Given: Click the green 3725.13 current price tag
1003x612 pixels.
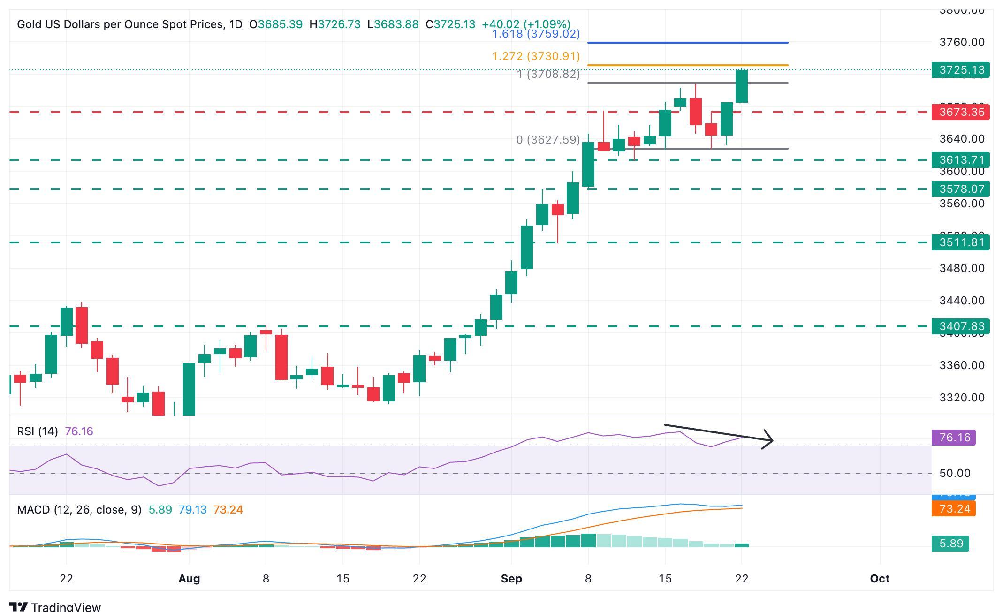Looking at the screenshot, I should coord(960,70).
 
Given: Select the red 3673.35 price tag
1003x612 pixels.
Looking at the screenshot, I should coord(960,112).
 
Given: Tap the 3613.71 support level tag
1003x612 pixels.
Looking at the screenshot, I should coord(960,160).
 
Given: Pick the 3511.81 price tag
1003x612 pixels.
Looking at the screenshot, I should coord(960,242).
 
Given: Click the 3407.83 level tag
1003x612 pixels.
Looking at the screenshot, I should coord(960,326).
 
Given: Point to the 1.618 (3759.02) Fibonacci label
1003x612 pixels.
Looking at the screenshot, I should coord(536,34).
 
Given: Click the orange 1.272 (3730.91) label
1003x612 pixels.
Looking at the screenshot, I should coord(536,56).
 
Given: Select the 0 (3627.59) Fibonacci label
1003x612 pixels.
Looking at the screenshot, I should coord(548,140).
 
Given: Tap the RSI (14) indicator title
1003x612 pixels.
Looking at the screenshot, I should coord(38,431).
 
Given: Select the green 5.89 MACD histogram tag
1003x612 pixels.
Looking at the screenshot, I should coord(950,544).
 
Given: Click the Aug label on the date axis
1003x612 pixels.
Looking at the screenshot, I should coord(189,579).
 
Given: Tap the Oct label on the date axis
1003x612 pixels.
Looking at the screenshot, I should coord(879,579).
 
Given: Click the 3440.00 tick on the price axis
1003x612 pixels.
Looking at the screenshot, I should coord(962,301).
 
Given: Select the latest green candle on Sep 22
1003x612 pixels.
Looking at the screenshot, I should coord(742,86).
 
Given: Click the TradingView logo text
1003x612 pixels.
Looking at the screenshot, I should coord(66,607).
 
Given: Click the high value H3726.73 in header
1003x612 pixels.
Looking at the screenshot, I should coord(335,24).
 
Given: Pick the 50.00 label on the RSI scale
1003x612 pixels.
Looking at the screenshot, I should coord(955,473).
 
